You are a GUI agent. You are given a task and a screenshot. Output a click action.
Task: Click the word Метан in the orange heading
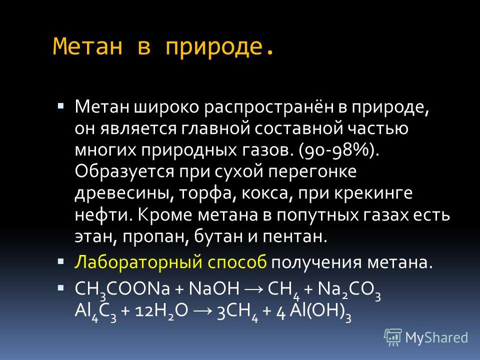point(87,46)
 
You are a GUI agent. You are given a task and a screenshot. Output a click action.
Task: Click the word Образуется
point(124,172)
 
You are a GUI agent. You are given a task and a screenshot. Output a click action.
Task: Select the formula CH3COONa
point(122,290)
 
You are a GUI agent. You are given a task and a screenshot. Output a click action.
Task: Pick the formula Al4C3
point(95,312)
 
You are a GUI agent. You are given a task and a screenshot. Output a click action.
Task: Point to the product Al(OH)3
point(320,312)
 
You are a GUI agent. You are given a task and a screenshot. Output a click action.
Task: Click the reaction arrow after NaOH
point(253,289)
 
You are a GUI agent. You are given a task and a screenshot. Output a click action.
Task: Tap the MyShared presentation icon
point(392,337)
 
